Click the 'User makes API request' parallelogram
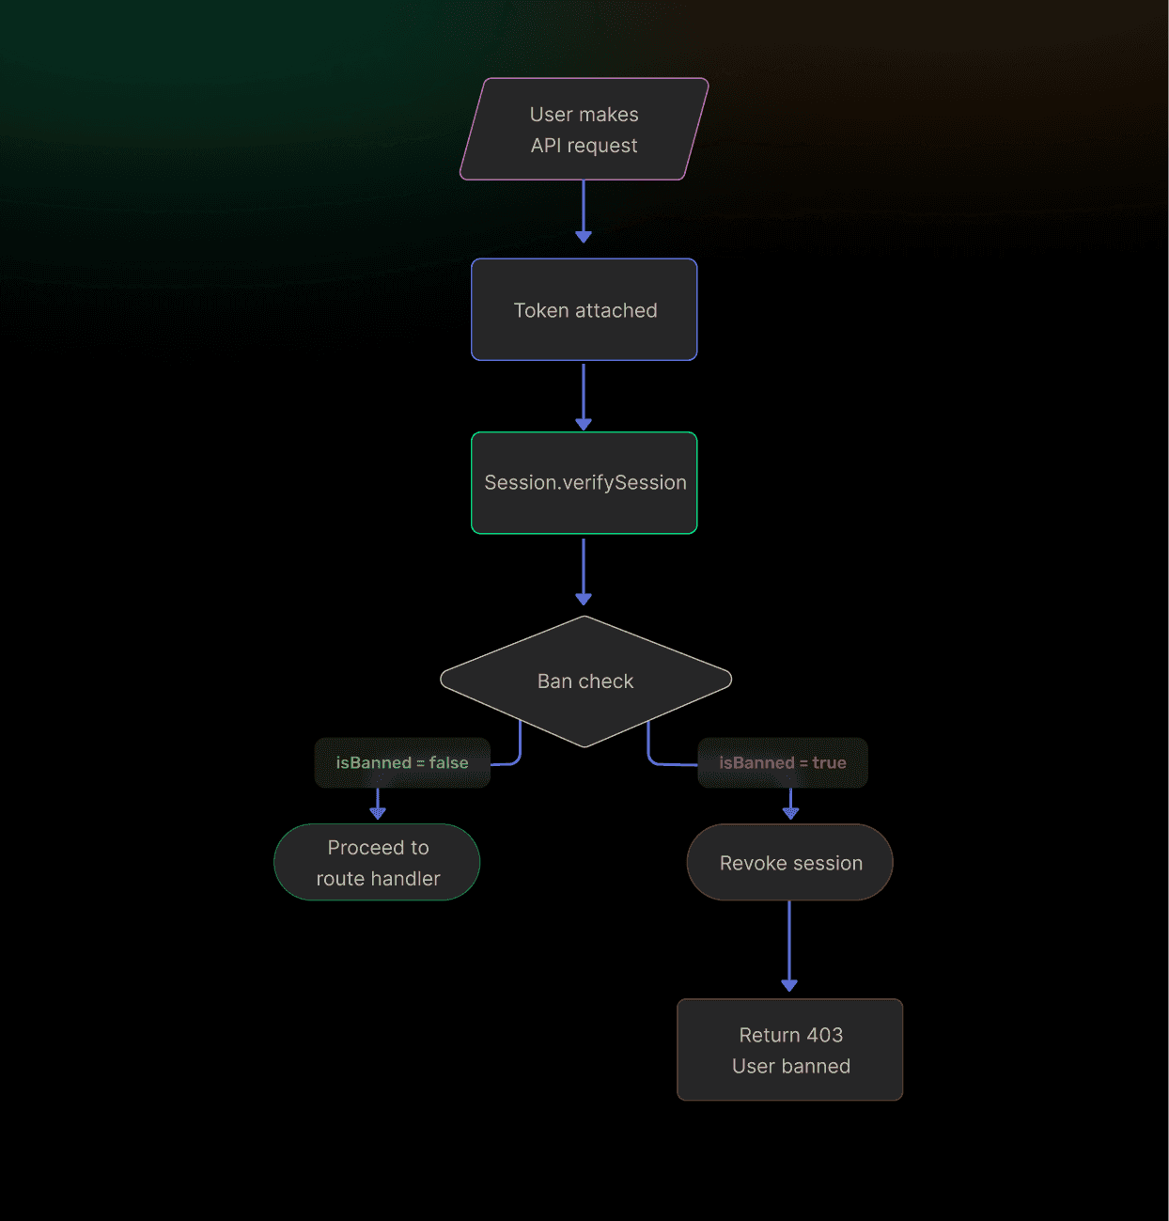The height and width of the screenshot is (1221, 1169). pyautogui.click(x=584, y=130)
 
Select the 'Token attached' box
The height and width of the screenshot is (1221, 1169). pyautogui.click(x=584, y=309)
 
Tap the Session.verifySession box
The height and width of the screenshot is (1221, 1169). pyautogui.click(x=584, y=482)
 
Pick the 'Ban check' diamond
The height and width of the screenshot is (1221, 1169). pyautogui.click(x=585, y=681)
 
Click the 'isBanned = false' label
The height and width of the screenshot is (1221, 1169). pyautogui.click(x=402, y=762)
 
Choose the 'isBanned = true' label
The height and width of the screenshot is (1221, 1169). pyautogui.click(x=783, y=762)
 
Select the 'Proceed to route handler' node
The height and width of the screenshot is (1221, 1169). pyautogui.click(x=377, y=862)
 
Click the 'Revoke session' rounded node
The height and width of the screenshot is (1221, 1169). pyautogui.click(x=789, y=862)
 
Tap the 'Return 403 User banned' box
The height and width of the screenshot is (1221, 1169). pyautogui.click(x=789, y=1049)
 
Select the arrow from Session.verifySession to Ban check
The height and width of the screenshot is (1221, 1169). pyautogui.click(x=584, y=569)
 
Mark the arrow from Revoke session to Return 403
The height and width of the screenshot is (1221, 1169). pyautogui.click(x=789, y=945)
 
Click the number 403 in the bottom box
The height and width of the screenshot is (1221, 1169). pyautogui.click(x=824, y=1035)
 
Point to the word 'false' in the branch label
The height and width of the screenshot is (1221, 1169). pyautogui.click(x=448, y=762)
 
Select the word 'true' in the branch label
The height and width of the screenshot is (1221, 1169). pyautogui.click(x=829, y=762)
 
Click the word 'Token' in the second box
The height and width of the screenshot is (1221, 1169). pyautogui.click(x=540, y=310)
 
